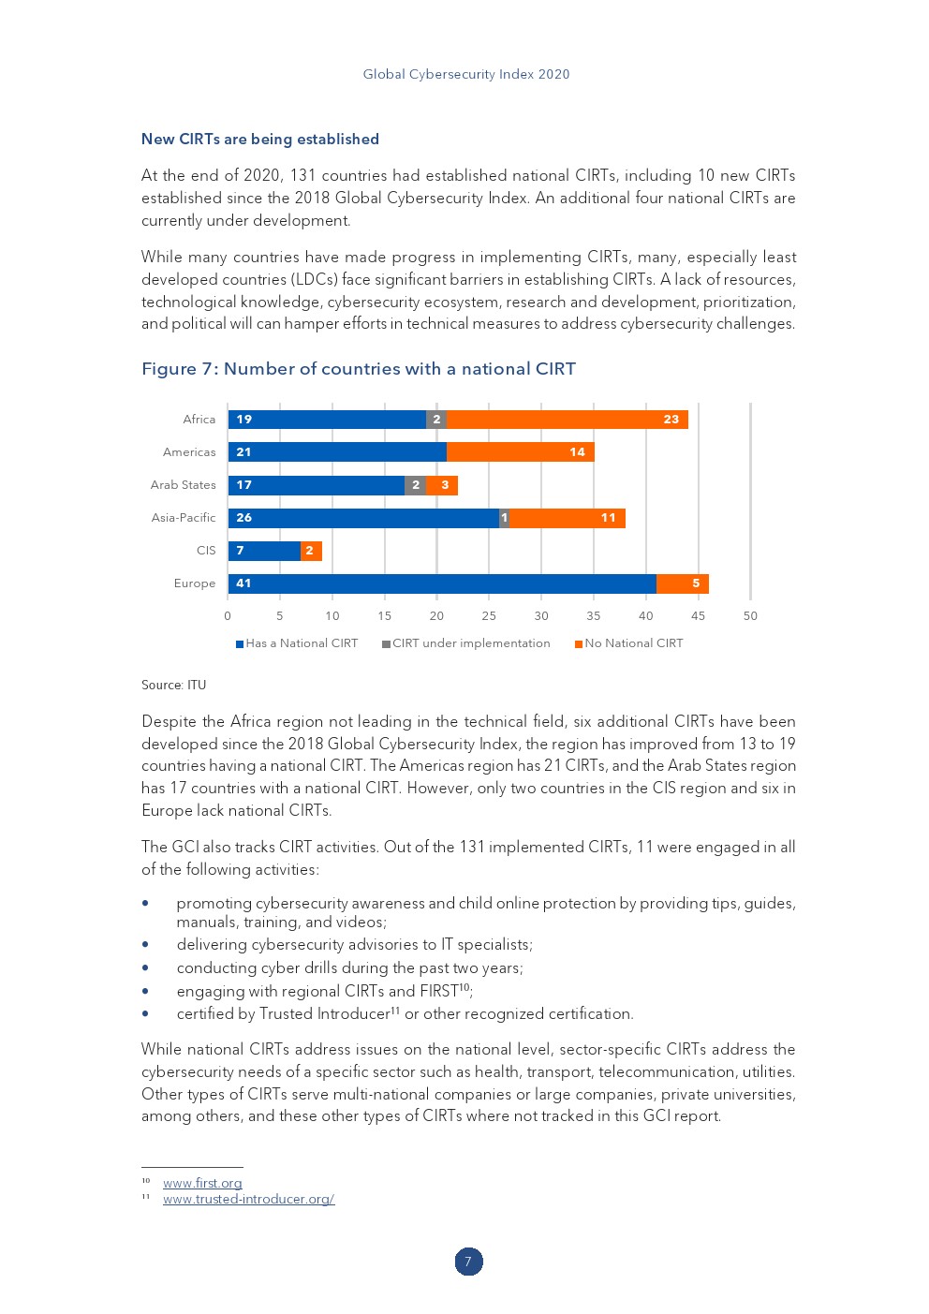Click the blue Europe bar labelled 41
click(x=442, y=583)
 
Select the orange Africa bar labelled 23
click(x=567, y=420)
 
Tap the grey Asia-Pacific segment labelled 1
click(x=504, y=518)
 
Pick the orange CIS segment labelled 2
click(x=311, y=551)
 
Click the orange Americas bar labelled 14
click(x=520, y=452)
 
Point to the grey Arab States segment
click(x=415, y=485)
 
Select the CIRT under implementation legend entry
click(x=465, y=643)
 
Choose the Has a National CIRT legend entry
click(x=297, y=643)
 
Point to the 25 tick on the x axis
click(x=489, y=615)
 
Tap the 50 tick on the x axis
click(x=750, y=615)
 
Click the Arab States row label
click(x=184, y=485)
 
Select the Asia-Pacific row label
click(x=184, y=518)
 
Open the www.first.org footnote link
click(x=202, y=1183)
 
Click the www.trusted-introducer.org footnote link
click(x=248, y=1199)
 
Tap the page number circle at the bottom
click(x=468, y=1262)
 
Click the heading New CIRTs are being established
click(x=260, y=140)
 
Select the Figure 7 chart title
click(x=359, y=369)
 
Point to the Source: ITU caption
click(x=173, y=685)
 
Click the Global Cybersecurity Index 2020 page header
click(x=466, y=74)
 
